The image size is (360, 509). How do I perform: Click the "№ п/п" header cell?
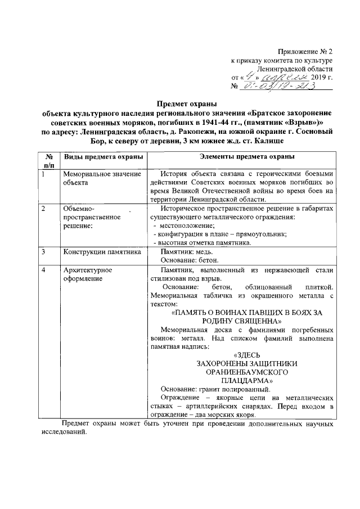click(49, 160)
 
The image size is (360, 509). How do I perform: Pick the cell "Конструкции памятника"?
click(102, 252)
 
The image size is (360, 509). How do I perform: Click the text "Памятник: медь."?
click(188, 252)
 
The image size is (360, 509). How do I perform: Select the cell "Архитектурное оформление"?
click(87, 274)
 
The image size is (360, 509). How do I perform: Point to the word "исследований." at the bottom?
click(63, 434)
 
